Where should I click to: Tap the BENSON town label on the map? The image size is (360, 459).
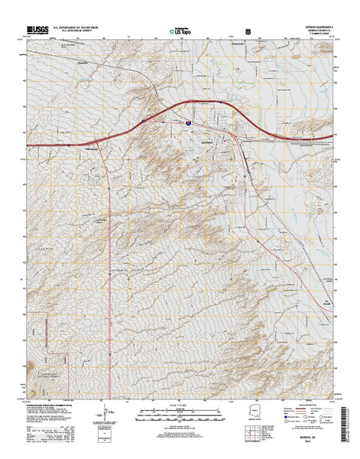tap(209, 142)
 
